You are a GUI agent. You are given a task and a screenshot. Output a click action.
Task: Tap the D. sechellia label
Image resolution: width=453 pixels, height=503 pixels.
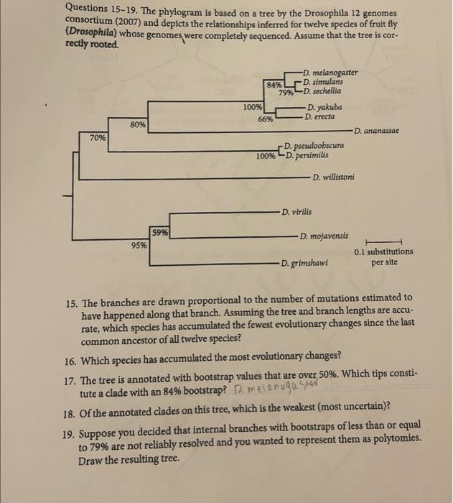pos(323,91)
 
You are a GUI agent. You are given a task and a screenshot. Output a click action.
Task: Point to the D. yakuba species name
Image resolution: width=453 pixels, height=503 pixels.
pos(324,107)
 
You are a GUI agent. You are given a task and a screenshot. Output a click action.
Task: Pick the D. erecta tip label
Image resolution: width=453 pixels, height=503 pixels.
pos(321,116)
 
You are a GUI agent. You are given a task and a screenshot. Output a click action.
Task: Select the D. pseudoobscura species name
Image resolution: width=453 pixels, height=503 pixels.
pos(316,146)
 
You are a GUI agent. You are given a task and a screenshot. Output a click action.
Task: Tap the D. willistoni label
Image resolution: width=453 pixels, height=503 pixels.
pos(334,176)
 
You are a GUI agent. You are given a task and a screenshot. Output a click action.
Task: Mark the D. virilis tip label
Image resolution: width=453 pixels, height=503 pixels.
pos(298,211)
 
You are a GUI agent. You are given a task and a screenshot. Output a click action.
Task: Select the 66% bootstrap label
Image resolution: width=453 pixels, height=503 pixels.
pos(265,119)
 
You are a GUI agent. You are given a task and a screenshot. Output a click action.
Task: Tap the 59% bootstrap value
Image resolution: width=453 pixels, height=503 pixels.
pos(159,231)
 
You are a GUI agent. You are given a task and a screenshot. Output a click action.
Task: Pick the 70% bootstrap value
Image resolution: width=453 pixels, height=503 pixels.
pos(98,137)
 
